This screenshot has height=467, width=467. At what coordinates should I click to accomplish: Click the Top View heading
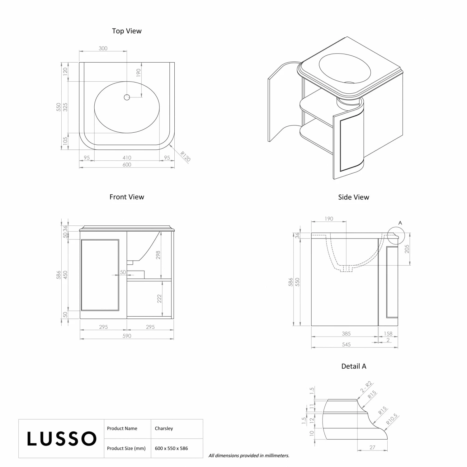point(127,31)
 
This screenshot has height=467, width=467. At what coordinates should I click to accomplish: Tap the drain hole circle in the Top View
point(127,97)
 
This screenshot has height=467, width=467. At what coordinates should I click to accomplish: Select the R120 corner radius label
point(185,156)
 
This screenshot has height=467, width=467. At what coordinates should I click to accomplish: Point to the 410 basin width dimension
point(127,158)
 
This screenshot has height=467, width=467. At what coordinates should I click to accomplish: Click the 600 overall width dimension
point(127,164)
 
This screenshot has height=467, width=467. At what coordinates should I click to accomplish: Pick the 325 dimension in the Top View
point(65,107)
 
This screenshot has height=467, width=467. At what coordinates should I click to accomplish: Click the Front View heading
point(127,197)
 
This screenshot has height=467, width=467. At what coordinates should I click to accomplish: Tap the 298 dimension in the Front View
point(158,255)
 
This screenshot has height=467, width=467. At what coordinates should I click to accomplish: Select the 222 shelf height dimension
point(159,299)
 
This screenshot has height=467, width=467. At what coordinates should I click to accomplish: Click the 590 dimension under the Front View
point(127,336)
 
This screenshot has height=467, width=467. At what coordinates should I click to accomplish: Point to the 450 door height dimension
point(65,275)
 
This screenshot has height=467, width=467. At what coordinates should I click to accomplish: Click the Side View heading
point(354,197)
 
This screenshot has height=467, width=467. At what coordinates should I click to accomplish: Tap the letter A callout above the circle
point(400,223)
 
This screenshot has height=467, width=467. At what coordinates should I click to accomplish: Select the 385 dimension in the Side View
point(346,333)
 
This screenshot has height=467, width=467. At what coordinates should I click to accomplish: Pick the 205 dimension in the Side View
point(407,249)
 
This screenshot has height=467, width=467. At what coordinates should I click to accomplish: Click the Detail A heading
point(354,366)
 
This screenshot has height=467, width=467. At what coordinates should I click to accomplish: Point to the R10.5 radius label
point(392,419)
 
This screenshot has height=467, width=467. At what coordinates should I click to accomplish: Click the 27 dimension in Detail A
point(372,447)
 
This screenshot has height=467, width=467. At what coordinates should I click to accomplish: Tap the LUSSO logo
point(62,439)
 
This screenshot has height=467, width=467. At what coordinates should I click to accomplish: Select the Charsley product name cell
point(164,428)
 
